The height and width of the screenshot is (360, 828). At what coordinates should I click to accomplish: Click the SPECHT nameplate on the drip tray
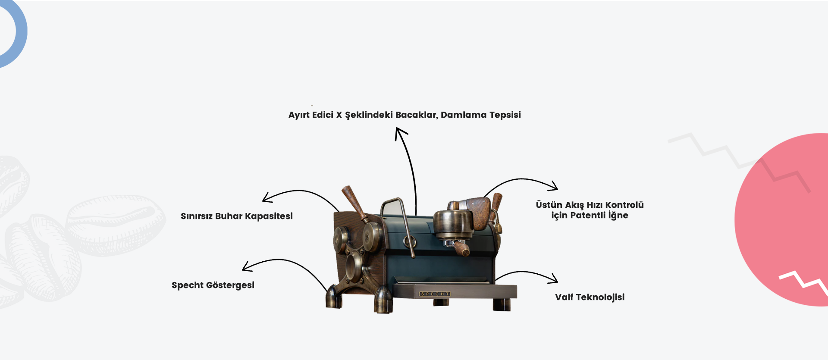pos(435,294)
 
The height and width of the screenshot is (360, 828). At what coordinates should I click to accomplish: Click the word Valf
pos(564,297)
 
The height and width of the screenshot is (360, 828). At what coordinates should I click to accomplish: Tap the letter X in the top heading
pos(339,115)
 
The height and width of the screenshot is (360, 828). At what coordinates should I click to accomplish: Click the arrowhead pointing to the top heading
pos(399,132)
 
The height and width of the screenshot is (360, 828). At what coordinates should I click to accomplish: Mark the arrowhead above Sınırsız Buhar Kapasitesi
pos(267,198)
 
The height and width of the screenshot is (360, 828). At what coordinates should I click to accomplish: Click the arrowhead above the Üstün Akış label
pos(554,187)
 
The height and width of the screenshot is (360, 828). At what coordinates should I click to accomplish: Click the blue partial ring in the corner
pos(17,34)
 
